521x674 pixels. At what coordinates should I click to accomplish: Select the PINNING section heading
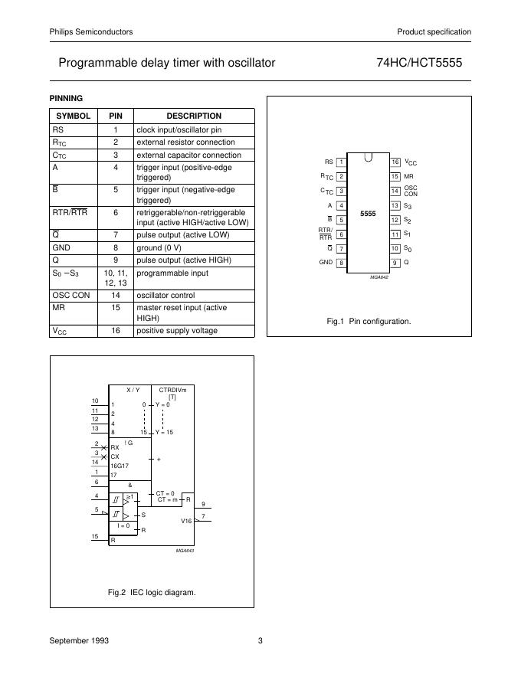coord(66,98)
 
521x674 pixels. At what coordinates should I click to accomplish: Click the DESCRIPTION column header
coord(194,116)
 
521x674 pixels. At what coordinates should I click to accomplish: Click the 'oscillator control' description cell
coord(165,296)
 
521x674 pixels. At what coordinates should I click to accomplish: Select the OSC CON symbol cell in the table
coord(70,296)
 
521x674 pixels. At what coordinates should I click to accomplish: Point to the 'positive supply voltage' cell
coord(177,331)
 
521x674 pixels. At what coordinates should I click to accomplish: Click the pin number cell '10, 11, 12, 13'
coord(115,277)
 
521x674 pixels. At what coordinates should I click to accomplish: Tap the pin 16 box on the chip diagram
coord(395,162)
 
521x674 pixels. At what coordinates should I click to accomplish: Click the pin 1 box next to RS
coord(341,162)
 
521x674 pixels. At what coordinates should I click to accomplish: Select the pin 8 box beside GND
coord(341,263)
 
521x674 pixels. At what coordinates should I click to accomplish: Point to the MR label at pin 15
coord(408,176)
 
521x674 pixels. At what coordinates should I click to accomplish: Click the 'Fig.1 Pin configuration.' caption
coord(369,322)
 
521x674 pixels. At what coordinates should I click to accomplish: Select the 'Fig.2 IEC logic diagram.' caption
coord(152,592)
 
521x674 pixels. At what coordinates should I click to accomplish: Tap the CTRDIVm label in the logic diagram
coord(172,390)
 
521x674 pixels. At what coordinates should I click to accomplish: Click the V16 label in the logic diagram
coord(186,521)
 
